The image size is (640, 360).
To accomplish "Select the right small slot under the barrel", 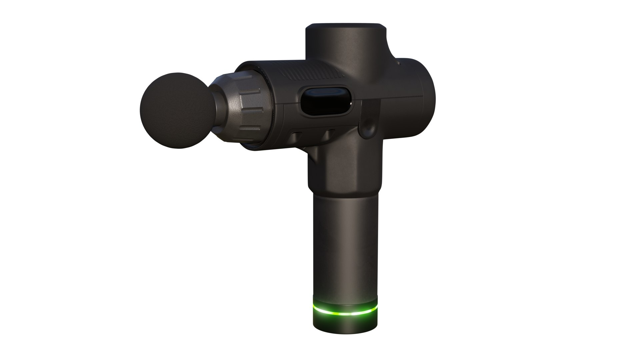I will point(330,133).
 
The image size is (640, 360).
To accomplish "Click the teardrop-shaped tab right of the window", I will point(369,122).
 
